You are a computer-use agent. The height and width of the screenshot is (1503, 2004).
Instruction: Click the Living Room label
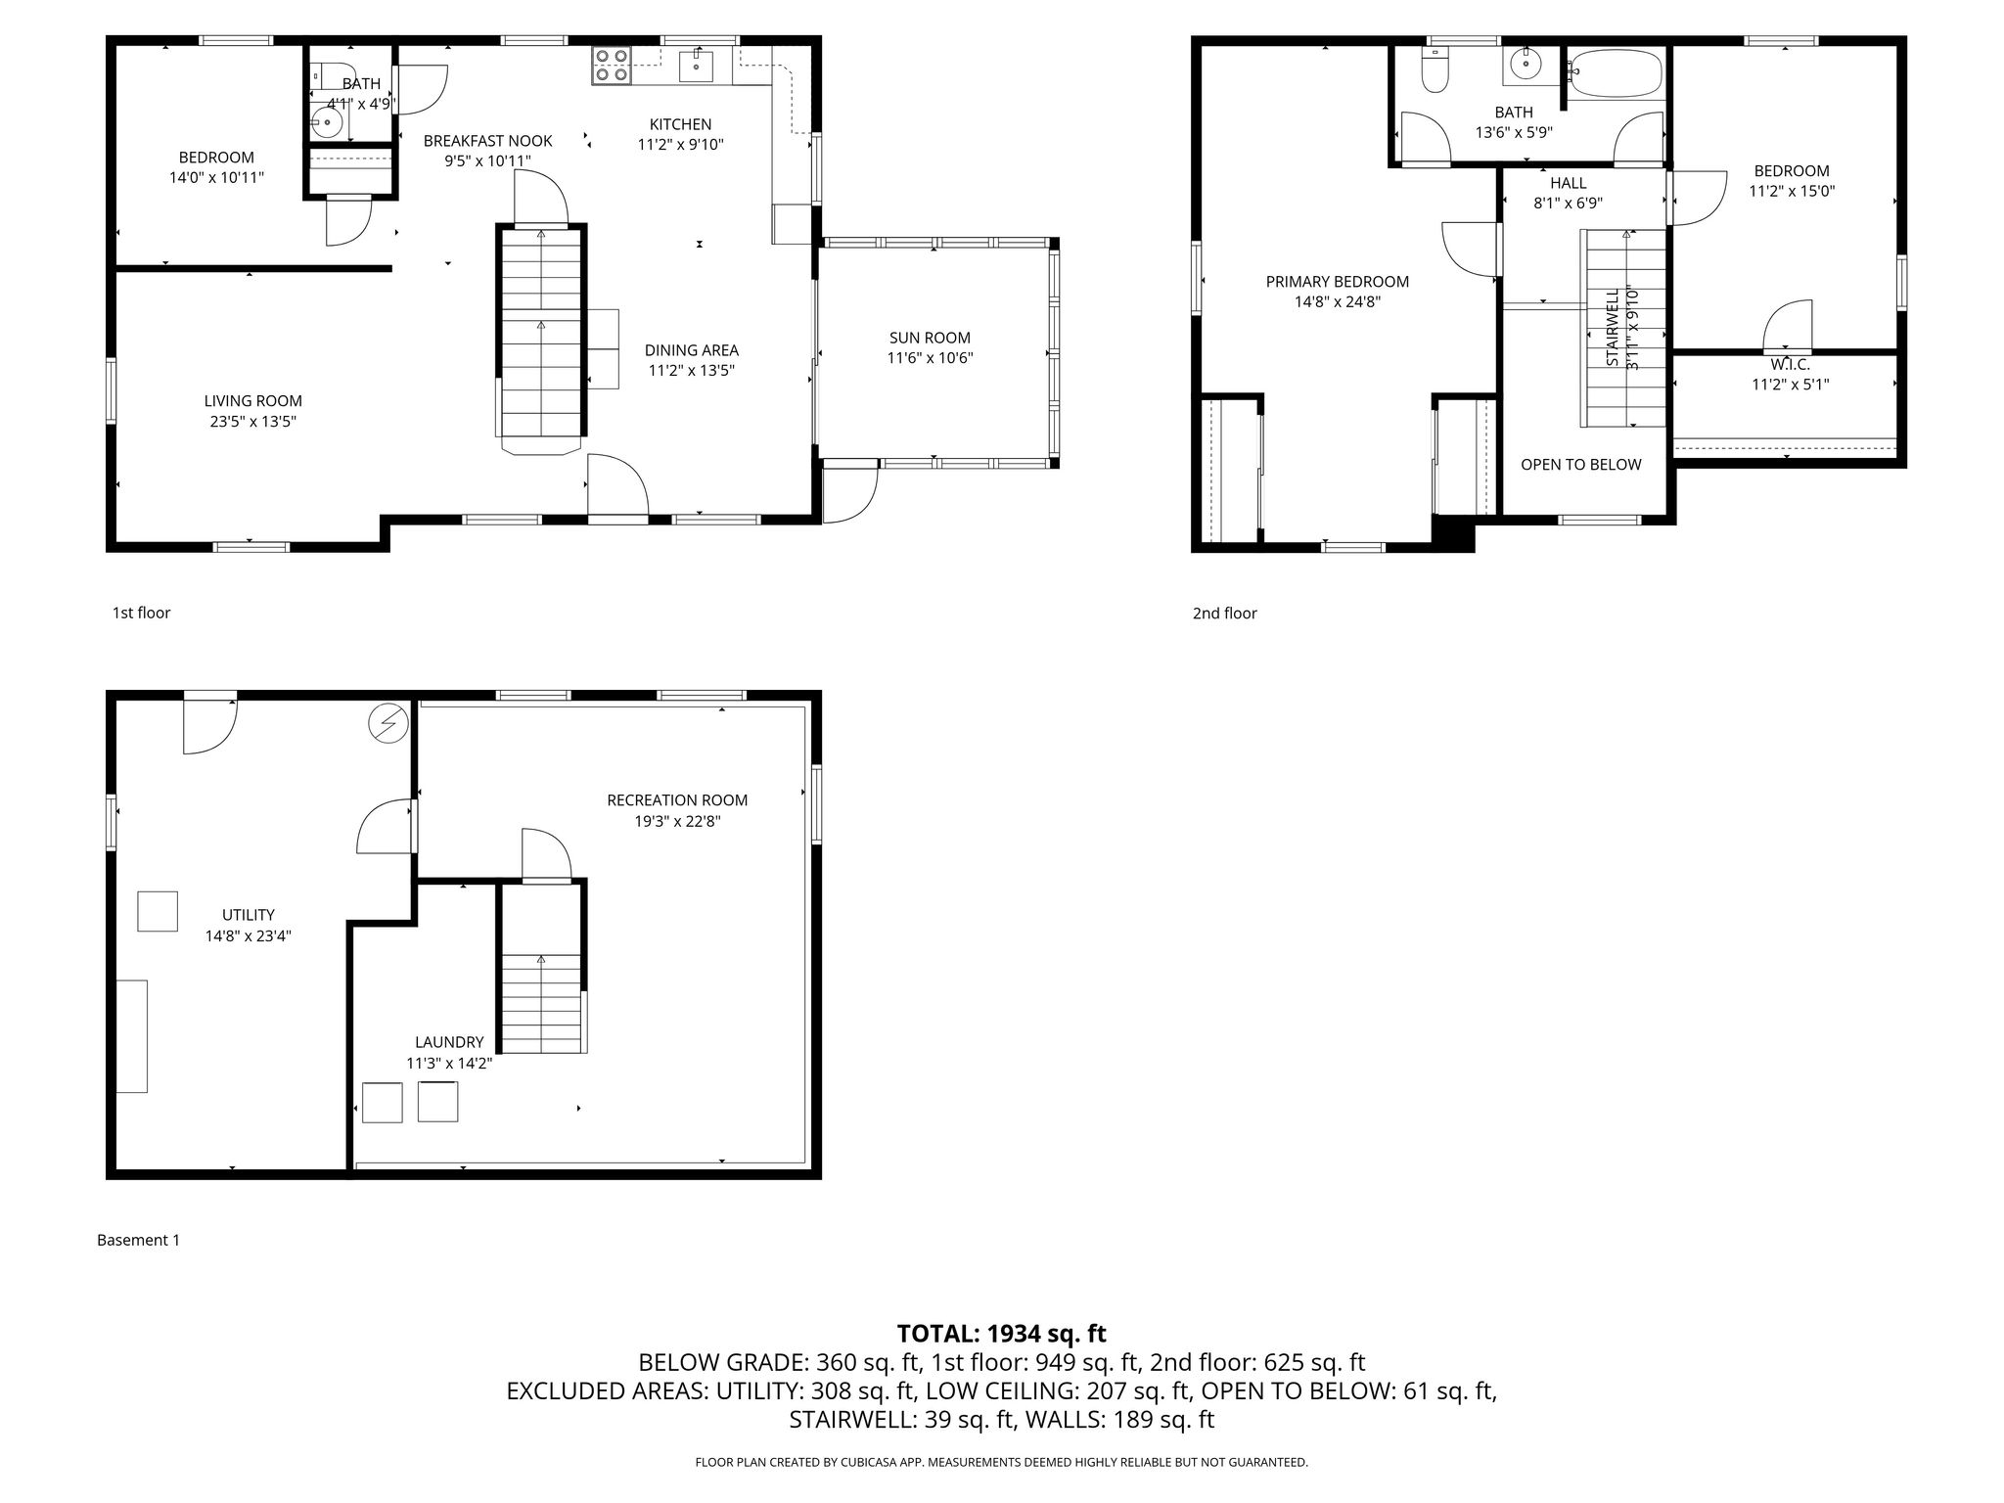[252, 401]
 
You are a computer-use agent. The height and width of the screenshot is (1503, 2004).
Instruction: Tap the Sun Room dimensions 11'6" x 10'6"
[930, 358]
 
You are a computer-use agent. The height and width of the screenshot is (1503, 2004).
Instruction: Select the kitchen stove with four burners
[612, 65]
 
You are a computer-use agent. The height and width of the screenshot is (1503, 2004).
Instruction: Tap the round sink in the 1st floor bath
[326, 123]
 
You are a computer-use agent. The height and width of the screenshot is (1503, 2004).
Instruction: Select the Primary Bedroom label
[1338, 282]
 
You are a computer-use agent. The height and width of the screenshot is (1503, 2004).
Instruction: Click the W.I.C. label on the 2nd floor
[1790, 365]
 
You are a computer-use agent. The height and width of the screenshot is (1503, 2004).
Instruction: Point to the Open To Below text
[1580, 465]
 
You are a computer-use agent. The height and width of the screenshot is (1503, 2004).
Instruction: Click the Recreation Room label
[677, 800]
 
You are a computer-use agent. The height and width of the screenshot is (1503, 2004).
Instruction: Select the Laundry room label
[449, 1043]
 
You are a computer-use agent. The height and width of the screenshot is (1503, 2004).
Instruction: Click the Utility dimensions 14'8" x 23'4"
[249, 936]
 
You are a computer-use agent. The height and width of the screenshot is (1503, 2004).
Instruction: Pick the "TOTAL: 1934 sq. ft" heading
[1001, 1334]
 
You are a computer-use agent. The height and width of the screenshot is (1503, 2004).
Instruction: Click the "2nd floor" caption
[1224, 614]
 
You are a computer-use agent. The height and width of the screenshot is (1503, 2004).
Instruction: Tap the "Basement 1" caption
[138, 1240]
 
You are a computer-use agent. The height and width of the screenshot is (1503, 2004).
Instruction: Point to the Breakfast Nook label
[487, 141]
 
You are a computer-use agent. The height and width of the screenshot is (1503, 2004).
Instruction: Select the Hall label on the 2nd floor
[1568, 183]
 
